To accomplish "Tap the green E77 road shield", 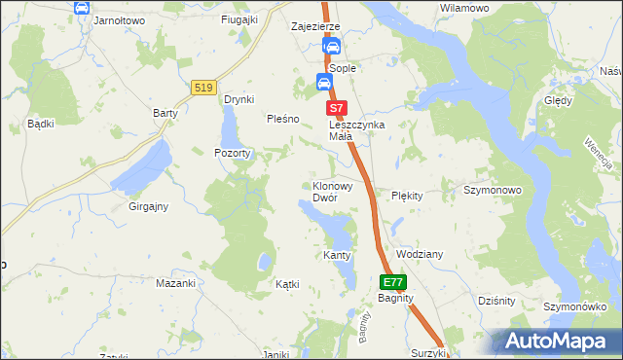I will [392, 282].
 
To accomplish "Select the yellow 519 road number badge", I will [203, 88].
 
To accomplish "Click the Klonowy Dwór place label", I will [338, 191].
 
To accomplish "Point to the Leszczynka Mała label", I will [357, 130].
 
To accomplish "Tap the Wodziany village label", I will [420, 254].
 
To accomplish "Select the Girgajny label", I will [149, 206].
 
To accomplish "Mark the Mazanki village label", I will [176, 284].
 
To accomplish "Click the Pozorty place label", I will [233, 154].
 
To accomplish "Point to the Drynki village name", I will [238, 99].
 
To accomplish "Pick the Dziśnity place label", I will [496, 301].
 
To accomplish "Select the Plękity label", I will [407, 196].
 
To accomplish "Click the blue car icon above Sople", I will [332, 46].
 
